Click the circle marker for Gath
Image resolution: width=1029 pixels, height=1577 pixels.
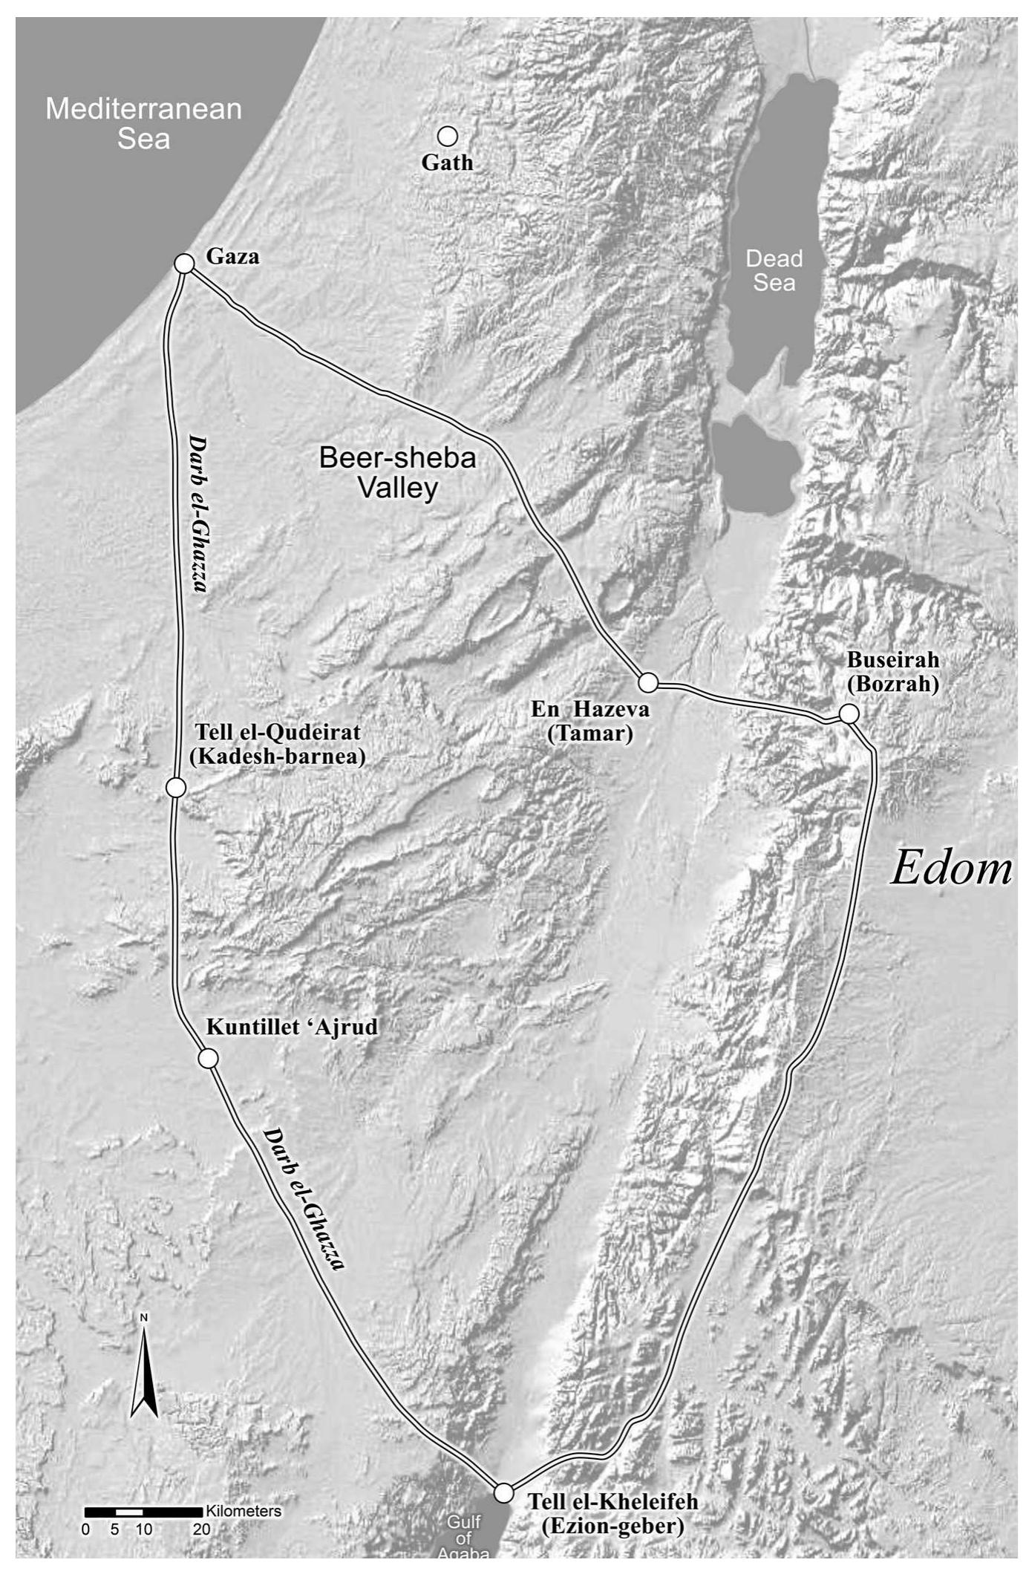point(447,136)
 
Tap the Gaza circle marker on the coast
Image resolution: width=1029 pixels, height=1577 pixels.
point(183,264)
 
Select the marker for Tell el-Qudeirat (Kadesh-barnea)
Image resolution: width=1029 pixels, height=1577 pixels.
point(175,788)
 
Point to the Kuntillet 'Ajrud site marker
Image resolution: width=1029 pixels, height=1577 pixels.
point(208,1058)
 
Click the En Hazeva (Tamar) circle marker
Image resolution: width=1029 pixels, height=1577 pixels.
point(648,682)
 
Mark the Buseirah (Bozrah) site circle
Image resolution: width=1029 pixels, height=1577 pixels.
point(849,714)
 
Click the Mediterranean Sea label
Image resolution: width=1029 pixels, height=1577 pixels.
point(143,123)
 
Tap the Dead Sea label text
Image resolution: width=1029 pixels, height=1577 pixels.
point(774,270)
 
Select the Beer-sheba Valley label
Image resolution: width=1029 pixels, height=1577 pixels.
point(397,472)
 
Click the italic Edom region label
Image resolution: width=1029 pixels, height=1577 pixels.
point(950,867)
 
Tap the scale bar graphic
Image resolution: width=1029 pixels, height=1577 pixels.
point(143,1512)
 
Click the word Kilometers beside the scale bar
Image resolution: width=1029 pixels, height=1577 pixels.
point(244,1511)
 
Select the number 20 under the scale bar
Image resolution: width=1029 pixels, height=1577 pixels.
point(201,1529)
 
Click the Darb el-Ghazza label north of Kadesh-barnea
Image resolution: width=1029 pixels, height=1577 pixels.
point(196,512)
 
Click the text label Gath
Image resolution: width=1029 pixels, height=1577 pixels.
point(447,163)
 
